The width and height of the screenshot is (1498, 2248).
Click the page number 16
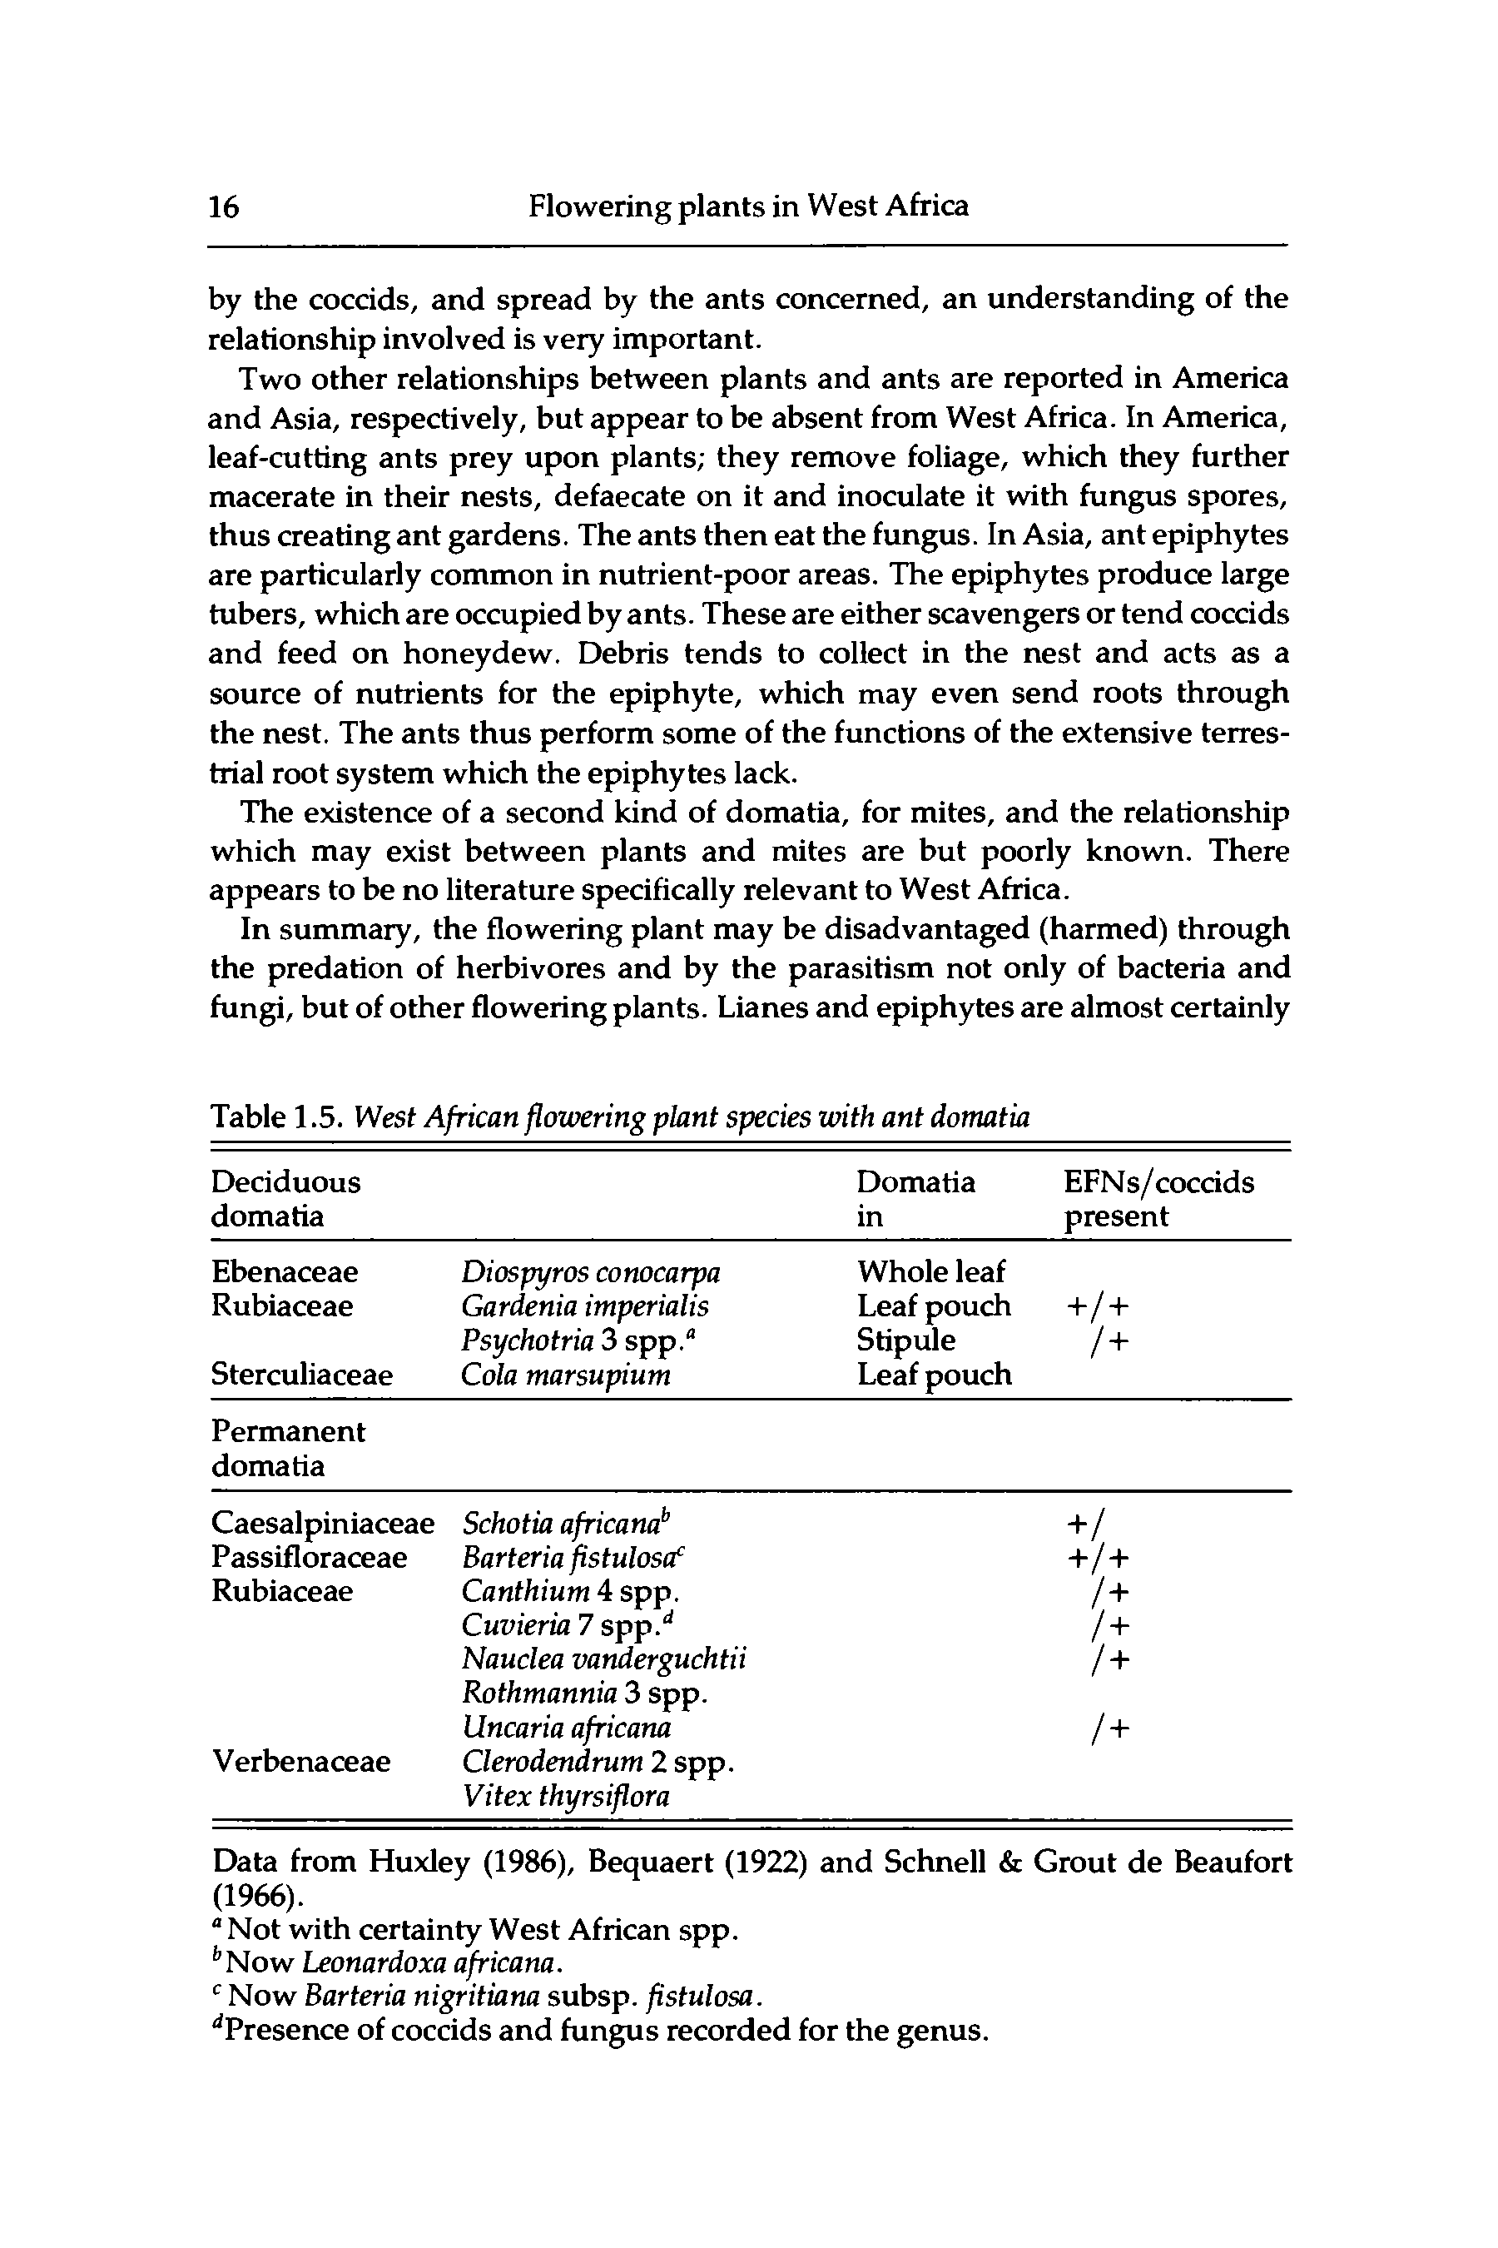pos(225,206)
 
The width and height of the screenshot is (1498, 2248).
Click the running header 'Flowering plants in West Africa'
pos(748,206)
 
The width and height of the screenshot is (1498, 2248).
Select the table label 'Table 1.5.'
pos(277,1117)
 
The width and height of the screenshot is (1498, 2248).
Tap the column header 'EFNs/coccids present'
pos(1158,1199)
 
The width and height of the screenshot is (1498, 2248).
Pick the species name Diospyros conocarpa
pos(590,1272)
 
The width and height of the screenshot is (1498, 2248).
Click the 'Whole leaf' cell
pos(930,1272)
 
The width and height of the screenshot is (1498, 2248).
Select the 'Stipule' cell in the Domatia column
pos(905,1340)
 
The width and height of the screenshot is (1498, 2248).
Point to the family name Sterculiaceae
pos(301,1375)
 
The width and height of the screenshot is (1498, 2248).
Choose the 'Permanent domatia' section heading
pos(288,1448)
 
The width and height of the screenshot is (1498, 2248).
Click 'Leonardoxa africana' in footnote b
pos(429,1963)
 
